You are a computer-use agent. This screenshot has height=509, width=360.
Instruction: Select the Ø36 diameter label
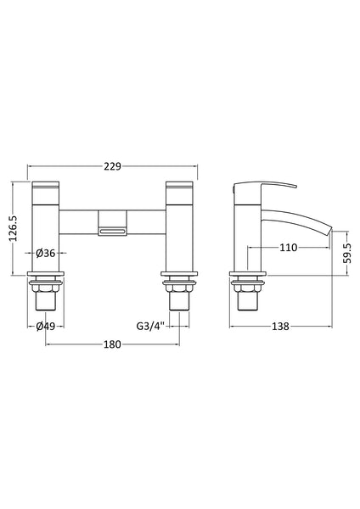(48, 252)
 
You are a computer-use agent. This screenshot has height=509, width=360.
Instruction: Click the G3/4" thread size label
(150, 325)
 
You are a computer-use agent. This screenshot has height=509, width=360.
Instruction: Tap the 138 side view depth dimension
(280, 325)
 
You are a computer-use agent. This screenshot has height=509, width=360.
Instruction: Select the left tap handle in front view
(44, 187)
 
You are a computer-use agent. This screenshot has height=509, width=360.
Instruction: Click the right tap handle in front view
(181, 187)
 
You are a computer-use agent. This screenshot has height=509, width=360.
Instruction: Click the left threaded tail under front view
(45, 299)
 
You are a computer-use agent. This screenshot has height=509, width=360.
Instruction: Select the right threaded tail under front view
(181, 299)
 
